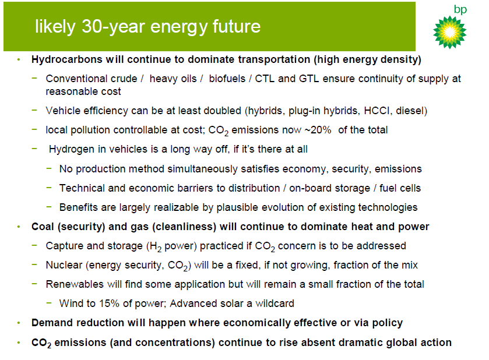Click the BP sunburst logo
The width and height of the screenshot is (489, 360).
(x=450, y=33)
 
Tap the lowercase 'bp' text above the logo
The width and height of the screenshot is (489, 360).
(x=460, y=10)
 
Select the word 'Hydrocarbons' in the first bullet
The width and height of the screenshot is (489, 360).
(x=67, y=59)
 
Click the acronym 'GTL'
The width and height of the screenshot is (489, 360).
(x=309, y=79)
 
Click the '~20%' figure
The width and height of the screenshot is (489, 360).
(x=318, y=130)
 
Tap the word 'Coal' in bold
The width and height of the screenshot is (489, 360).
(x=43, y=227)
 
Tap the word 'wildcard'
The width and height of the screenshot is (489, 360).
(x=275, y=303)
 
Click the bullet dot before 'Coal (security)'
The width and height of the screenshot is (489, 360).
(x=19, y=227)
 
